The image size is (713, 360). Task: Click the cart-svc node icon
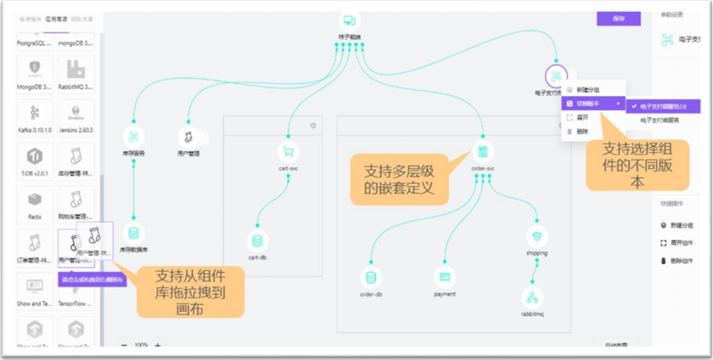tap(288, 152)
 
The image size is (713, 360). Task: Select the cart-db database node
tap(257, 241)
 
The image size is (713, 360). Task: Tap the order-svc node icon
tap(482, 152)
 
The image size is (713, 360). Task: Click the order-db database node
tap(371, 277)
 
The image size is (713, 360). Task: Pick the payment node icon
tap(444, 277)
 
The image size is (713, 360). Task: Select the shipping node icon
tap(537, 236)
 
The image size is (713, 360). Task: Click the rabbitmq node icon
tap(532, 297)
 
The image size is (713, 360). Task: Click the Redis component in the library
tap(34, 202)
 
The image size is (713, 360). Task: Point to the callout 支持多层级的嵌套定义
tap(399, 179)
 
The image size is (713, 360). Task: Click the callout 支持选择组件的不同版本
tap(637, 165)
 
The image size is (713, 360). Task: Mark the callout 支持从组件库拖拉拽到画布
tap(190, 291)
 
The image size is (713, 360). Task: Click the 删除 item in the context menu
tap(581, 132)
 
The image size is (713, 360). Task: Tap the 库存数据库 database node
tap(133, 234)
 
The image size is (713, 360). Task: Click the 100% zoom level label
tap(141, 345)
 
